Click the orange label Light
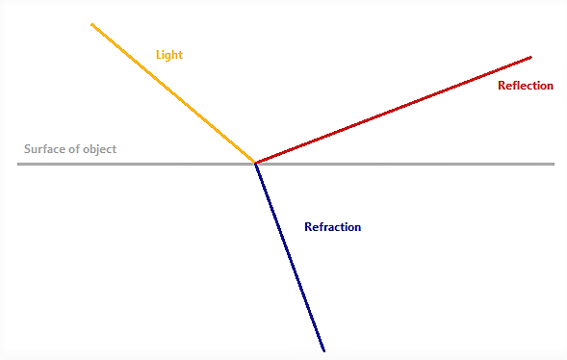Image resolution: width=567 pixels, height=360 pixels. [169, 55]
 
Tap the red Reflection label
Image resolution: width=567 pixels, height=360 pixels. [526, 86]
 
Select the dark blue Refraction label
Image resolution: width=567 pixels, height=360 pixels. [333, 226]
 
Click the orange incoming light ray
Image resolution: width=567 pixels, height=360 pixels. [173, 93]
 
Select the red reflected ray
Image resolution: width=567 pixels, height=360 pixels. [394, 110]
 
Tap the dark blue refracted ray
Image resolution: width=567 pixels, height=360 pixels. [290, 257]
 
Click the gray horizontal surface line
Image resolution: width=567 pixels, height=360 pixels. [286, 164]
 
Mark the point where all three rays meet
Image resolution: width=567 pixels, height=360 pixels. [255, 164]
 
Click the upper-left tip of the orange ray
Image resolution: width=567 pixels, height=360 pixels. [91, 25]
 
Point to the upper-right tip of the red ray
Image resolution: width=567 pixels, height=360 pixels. [531, 57]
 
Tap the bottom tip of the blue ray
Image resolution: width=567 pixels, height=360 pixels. [324, 350]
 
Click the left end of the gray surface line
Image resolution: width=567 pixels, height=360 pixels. [18, 164]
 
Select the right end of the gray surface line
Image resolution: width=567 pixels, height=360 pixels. [554, 164]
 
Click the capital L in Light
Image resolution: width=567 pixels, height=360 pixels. [159, 55]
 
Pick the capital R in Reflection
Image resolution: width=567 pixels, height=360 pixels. [502, 86]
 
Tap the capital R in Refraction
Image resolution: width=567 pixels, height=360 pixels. [308, 226]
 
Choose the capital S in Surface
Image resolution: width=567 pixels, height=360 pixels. [28, 149]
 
